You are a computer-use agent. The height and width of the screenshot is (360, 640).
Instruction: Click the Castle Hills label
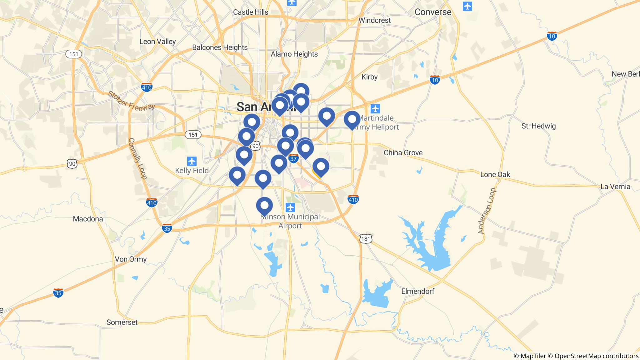(251, 12)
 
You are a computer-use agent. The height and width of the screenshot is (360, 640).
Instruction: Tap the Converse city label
(433, 12)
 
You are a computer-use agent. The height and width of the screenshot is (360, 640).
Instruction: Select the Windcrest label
(374, 20)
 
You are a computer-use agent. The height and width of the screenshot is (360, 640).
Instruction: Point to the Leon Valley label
(157, 42)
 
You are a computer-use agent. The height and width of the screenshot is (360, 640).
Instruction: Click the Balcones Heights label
(220, 47)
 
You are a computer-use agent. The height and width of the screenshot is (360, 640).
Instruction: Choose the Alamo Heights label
(294, 54)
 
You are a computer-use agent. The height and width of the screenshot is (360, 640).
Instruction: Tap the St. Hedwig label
(538, 126)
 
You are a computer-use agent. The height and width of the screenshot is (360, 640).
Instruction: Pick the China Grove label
(403, 153)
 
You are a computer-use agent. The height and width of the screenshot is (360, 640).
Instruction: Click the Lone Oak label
(495, 174)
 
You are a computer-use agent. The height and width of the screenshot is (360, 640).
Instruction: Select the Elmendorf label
(417, 291)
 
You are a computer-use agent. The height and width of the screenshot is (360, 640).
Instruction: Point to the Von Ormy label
(131, 259)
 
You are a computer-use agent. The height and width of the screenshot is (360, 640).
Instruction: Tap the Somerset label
(122, 322)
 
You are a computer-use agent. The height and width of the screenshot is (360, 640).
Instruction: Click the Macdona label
(88, 219)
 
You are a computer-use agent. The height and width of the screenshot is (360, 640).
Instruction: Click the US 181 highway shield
(366, 239)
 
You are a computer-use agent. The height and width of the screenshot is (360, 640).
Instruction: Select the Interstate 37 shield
(293, 159)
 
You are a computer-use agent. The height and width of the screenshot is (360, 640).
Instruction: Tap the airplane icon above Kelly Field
(192, 161)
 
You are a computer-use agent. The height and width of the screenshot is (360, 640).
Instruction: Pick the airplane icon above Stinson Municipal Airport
(290, 207)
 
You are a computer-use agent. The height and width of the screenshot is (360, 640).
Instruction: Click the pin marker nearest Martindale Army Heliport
(352, 120)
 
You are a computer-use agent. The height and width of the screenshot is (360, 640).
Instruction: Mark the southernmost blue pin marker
(264, 206)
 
